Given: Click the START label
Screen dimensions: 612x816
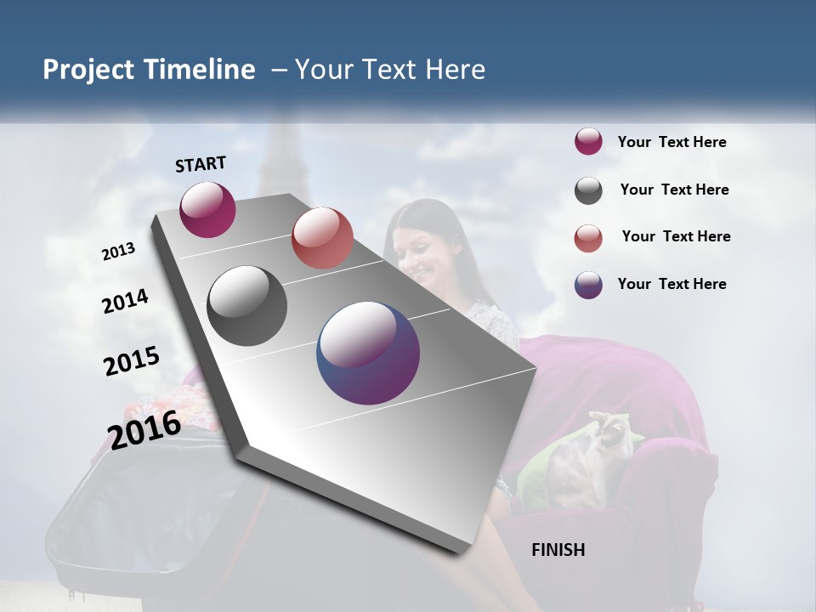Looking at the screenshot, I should click(x=201, y=164).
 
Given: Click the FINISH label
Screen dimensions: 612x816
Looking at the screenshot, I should click(x=558, y=550).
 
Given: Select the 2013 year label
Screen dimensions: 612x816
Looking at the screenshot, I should click(x=119, y=252).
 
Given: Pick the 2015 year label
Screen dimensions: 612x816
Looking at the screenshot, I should click(x=132, y=361).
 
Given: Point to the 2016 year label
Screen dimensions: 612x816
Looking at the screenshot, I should click(x=144, y=429).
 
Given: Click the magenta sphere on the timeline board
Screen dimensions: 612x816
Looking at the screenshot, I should click(x=207, y=209).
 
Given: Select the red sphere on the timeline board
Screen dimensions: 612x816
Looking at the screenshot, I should click(x=322, y=238).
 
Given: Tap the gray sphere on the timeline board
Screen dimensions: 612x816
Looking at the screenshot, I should click(x=247, y=306).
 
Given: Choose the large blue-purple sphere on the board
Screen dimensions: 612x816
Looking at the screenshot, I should click(x=368, y=353).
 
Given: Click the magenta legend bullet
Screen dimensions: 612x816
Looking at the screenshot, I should click(x=588, y=141).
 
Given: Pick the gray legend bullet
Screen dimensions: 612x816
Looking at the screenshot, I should click(x=588, y=190).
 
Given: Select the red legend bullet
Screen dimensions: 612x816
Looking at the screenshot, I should click(x=588, y=238).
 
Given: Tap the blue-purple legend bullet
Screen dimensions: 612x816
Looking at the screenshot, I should click(x=588, y=285).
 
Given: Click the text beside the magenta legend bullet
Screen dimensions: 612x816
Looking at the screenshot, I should click(x=671, y=142).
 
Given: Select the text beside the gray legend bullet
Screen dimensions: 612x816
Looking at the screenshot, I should click(x=674, y=190).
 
